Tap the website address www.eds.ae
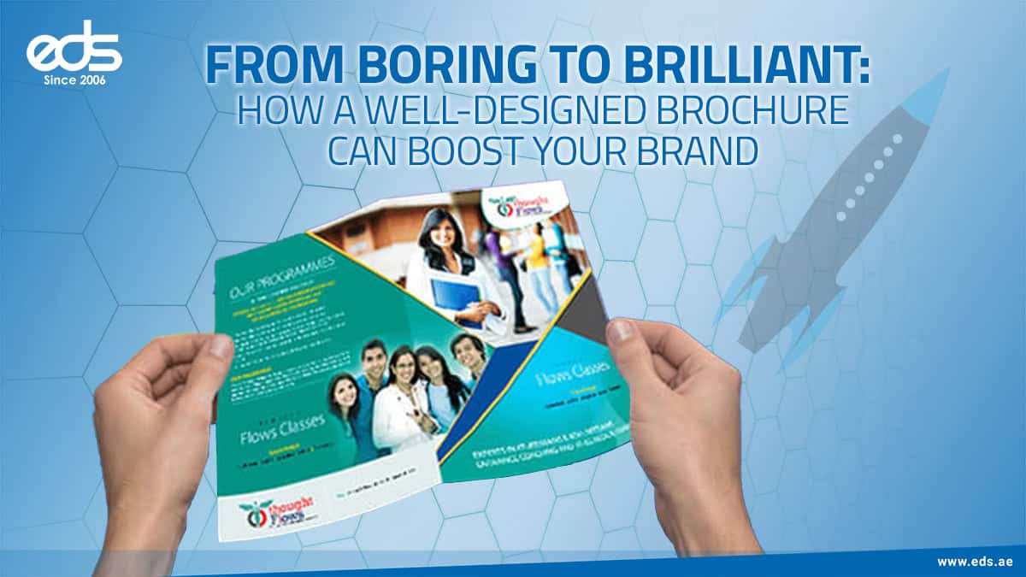point(975,562)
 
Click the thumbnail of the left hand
point(221,347)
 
